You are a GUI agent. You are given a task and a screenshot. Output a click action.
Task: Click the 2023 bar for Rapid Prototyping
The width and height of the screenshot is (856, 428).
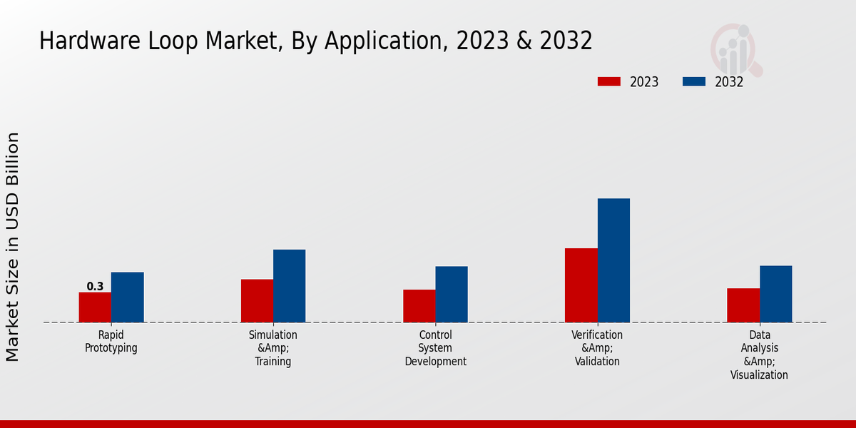pos(95,307)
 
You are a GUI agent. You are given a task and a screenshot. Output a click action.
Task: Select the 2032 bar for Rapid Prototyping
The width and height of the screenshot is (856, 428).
pos(127,297)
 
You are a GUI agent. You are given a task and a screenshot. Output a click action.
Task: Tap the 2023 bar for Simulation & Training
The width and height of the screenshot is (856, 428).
pos(257,301)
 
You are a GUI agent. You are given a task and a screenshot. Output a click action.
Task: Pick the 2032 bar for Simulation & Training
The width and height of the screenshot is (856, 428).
pos(289,286)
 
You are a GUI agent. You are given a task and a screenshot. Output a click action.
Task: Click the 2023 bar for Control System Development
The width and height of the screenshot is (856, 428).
pos(419,306)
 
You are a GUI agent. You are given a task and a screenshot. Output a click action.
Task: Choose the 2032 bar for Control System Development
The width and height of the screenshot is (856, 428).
pos(452,295)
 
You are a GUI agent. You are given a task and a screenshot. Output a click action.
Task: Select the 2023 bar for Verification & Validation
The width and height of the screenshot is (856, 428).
pos(581,285)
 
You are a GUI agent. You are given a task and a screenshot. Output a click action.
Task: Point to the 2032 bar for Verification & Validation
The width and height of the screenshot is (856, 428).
pos(613,260)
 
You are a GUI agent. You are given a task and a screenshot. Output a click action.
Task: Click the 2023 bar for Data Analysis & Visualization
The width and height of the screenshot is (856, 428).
pos(743,305)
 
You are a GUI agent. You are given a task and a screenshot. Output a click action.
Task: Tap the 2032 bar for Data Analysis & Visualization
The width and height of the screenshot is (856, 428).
pos(775,294)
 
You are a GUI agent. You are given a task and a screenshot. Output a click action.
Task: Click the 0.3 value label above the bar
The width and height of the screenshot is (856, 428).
pos(95,287)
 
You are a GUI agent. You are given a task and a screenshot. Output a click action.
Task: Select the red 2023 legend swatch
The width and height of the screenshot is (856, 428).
pos(608,82)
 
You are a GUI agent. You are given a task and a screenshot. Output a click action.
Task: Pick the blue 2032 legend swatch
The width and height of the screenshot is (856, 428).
pos(694,82)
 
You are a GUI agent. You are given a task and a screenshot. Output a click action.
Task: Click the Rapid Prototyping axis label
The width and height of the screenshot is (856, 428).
pos(111,342)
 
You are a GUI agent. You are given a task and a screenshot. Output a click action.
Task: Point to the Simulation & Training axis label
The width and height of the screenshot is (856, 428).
pos(273,348)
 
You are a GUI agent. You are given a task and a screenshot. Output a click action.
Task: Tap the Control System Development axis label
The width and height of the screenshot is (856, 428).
pos(435,348)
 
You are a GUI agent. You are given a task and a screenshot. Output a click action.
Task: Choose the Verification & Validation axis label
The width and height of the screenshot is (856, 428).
pos(597,348)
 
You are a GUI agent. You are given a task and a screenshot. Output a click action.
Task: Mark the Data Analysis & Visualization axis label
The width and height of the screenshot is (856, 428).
pos(759,355)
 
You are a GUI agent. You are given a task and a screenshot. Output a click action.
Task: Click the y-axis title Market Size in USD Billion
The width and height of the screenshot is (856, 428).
pos(13,246)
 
